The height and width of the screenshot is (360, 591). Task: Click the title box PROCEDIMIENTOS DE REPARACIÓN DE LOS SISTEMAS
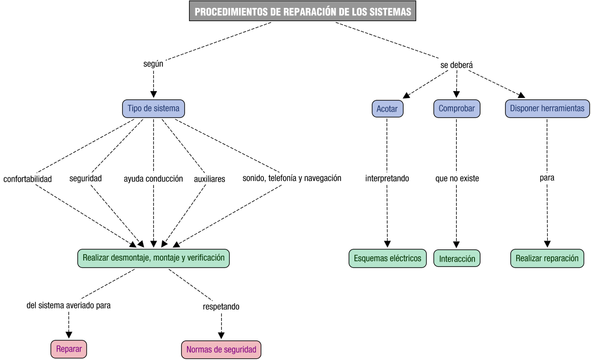(302, 12)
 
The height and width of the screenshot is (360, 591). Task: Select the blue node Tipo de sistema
(153, 108)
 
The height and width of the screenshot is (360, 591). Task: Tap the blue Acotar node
(387, 108)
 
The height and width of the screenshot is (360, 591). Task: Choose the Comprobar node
(457, 108)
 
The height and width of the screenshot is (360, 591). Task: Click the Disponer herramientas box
(547, 108)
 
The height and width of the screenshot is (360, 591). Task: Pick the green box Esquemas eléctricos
(387, 258)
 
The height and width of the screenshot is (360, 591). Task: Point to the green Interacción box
(457, 258)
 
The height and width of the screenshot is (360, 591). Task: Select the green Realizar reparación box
(547, 258)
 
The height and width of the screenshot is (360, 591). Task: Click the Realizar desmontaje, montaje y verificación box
(153, 258)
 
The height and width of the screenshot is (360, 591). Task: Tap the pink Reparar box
(68, 349)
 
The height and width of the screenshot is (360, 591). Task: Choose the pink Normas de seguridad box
(221, 349)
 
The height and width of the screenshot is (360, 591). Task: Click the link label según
(153, 64)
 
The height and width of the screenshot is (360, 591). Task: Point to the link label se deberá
(457, 65)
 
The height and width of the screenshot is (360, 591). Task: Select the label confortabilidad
(27, 179)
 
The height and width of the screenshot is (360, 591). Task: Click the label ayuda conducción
(153, 178)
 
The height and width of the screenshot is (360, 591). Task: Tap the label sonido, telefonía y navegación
(292, 178)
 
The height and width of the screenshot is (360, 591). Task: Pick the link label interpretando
(387, 178)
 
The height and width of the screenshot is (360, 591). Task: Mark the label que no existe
(457, 178)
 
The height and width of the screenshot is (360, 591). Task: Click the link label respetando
(221, 306)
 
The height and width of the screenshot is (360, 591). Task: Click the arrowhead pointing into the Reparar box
(68, 335)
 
